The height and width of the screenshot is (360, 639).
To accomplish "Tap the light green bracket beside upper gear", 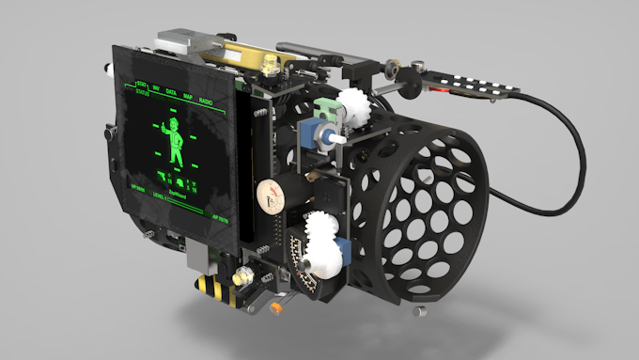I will point(330,110).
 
